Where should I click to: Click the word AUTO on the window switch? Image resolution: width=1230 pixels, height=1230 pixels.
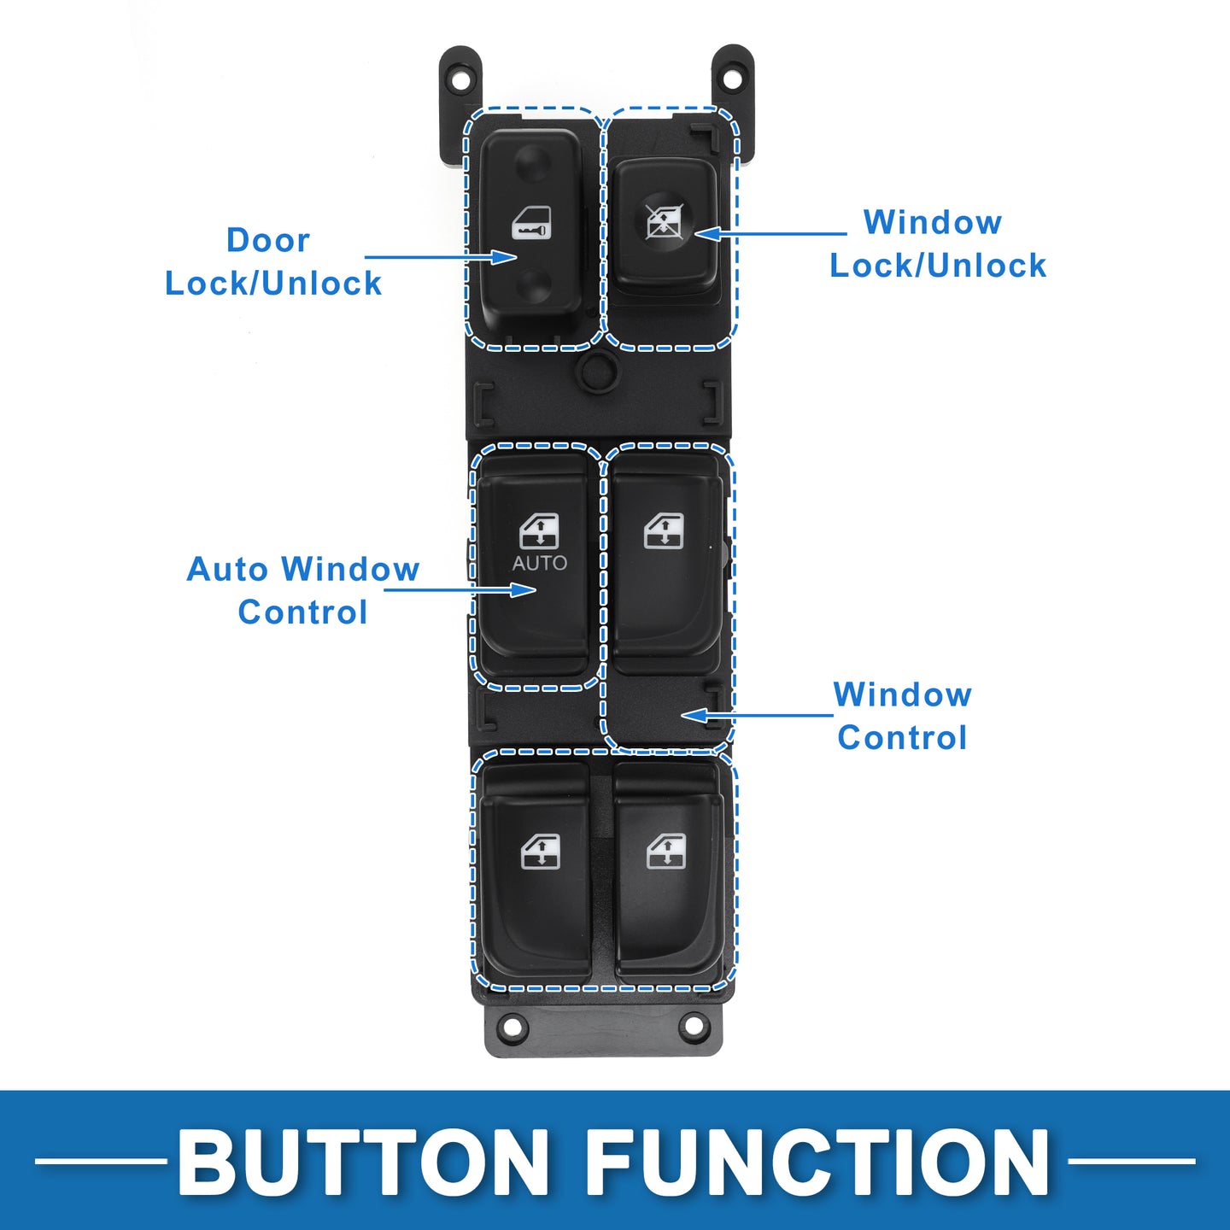(539, 563)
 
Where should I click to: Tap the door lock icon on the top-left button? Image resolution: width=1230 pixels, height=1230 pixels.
(531, 224)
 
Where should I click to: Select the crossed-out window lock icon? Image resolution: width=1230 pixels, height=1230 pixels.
(664, 222)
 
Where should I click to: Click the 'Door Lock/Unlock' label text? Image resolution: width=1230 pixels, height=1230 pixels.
(272, 261)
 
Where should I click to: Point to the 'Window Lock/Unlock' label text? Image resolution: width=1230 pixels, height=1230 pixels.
(937, 243)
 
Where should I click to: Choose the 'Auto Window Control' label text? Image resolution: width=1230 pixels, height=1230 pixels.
(303, 590)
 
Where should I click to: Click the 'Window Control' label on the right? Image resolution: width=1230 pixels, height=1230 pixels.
(902, 716)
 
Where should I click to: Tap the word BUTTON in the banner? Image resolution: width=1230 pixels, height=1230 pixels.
(363, 1163)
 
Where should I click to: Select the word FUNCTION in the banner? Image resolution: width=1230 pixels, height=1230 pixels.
(817, 1163)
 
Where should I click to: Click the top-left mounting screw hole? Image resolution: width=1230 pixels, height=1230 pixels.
(460, 79)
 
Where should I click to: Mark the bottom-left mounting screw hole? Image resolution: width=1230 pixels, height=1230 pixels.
(512, 1026)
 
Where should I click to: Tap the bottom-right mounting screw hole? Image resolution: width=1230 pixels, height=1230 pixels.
(694, 1026)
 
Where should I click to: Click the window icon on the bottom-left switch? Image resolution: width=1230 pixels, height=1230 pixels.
(540, 852)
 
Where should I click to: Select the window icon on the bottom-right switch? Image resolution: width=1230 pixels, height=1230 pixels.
(665, 852)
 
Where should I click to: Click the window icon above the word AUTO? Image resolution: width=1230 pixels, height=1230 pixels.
(539, 531)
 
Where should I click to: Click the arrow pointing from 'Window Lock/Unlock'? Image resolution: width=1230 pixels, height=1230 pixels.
(769, 233)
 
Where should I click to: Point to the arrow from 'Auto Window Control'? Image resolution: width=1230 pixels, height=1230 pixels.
(461, 589)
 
